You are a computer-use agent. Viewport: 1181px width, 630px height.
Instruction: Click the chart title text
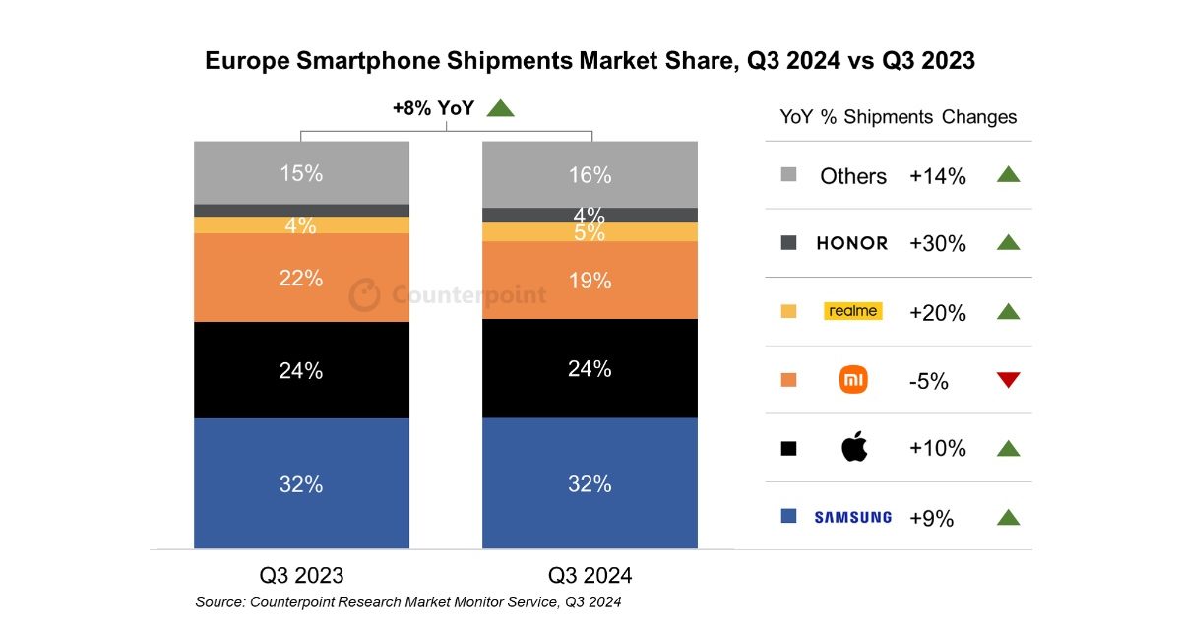click(590, 61)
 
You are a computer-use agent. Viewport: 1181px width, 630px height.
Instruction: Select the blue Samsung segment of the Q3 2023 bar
click(301, 483)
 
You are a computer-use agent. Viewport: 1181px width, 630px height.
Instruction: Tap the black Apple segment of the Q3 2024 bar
click(590, 369)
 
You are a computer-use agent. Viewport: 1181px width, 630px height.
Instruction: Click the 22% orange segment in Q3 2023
click(301, 278)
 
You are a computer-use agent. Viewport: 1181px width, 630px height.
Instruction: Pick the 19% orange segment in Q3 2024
click(590, 281)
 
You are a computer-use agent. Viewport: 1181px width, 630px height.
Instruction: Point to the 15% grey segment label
click(301, 173)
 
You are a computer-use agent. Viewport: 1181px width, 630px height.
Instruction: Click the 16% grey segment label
click(590, 175)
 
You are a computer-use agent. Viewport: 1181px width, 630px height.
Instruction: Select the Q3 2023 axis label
click(301, 575)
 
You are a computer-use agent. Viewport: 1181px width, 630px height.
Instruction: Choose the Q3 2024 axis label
click(590, 575)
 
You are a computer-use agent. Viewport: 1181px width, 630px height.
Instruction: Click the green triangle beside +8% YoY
click(501, 108)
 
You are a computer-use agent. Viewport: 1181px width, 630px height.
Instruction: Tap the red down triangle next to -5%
click(1007, 380)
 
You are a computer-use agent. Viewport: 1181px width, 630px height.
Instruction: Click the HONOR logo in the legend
click(851, 243)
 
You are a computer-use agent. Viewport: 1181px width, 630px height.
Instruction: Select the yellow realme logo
click(852, 311)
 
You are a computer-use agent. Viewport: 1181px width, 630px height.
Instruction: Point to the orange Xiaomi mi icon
click(853, 380)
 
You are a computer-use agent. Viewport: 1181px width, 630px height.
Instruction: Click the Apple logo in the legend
click(853, 448)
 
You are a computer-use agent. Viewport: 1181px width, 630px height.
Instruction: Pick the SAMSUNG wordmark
click(852, 517)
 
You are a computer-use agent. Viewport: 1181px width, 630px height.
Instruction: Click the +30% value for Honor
click(937, 244)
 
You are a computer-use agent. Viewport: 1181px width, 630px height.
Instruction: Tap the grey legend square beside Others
click(788, 175)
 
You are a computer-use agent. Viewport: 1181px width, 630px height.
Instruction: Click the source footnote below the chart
click(408, 601)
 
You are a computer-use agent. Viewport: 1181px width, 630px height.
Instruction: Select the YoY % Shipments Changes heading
click(898, 117)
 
